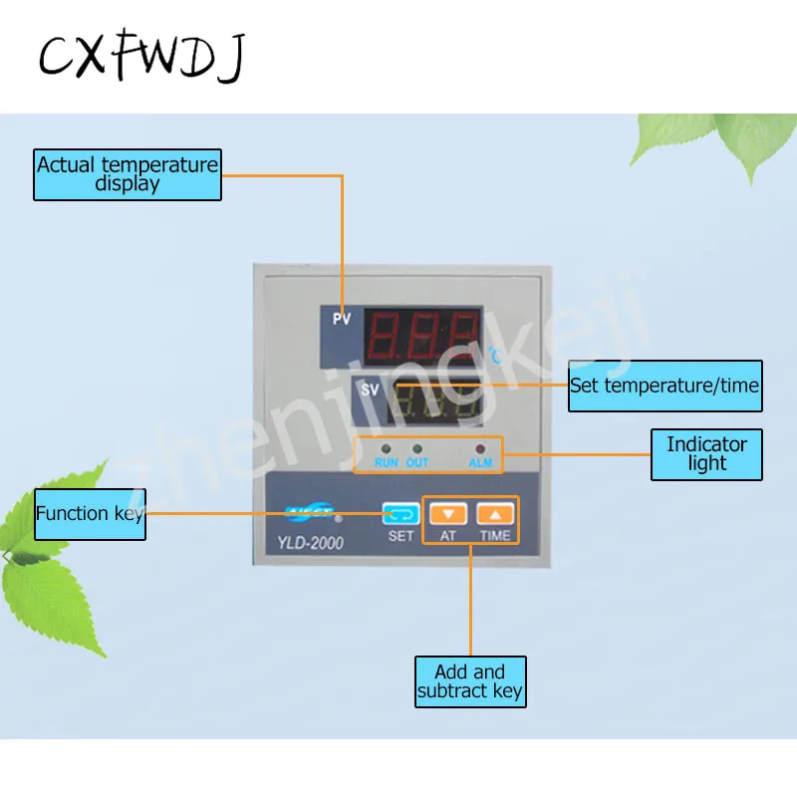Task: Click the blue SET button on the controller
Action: coord(400,515)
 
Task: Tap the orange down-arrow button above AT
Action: coord(448,515)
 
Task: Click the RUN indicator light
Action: coord(386,450)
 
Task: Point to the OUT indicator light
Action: coord(417,450)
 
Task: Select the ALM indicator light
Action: coord(480,450)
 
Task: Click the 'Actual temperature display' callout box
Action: coord(128,174)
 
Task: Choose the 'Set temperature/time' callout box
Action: coord(664,386)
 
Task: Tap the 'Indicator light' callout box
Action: coord(706,454)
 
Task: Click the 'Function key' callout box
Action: coord(90,514)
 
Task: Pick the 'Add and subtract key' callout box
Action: coord(470,681)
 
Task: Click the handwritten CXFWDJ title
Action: coord(140,57)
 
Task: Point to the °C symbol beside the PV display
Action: coord(495,354)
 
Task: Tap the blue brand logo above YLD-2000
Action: coord(311,514)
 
